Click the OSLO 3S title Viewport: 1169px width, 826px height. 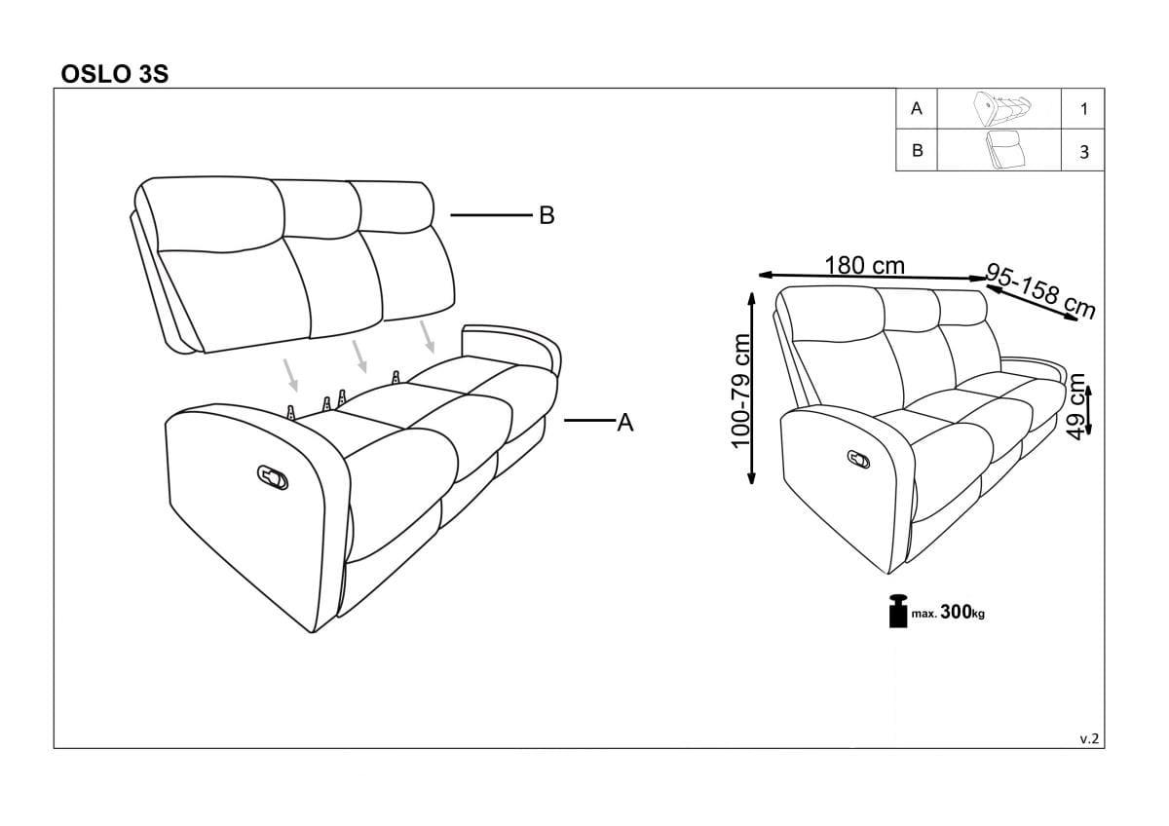(115, 74)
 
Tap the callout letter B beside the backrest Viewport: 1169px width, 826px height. (547, 215)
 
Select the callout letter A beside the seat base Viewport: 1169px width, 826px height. (624, 422)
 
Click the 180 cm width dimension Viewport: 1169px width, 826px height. (864, 266)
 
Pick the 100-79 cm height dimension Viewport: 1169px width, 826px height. (740, 391)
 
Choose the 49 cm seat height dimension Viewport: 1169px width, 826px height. (1076, 406)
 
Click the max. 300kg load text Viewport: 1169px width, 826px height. (948, 612)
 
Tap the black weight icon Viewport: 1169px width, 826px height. (898, 611)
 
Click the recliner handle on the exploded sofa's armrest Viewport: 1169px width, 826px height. (273, 477)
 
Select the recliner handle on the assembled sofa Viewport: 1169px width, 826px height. (858, 459)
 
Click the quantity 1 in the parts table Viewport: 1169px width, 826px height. (1084, 109)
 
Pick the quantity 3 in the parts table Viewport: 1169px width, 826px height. (1084, 152)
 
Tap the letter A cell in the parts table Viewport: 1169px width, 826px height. (917, 108)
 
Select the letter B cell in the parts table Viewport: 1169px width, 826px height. (917, 151)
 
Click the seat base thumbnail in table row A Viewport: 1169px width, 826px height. (1001, 108)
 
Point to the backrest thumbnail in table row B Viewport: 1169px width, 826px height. (1003, 150)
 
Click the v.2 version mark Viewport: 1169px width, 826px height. (1089, 738)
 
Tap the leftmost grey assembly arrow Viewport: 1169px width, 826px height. (290, 375)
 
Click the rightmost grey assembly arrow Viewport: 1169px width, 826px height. (428, 337)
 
